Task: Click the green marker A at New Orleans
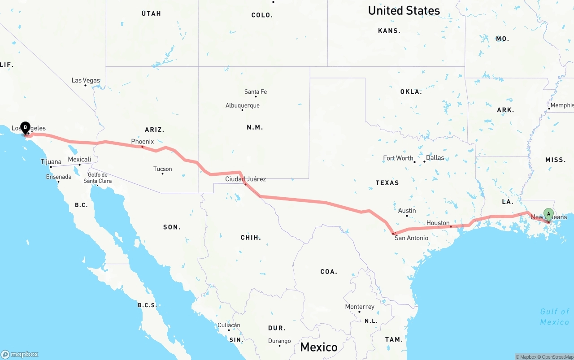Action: (x=548, y=213)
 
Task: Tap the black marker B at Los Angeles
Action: (x=25, y=128)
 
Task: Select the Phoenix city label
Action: (x=143, y=142)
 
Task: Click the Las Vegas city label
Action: (x=86, y=81)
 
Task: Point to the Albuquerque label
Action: (x=242, y=106)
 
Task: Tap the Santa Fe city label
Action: (x=256, y=92)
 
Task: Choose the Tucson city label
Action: (x=162, y=169)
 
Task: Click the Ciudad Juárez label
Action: (x=245, y=179)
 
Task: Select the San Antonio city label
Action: (x=411, y=238)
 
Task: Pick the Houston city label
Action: (x=438, y=223)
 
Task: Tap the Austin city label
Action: (x=407, y=211)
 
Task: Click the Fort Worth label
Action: (x=398, y=158)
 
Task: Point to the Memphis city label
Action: (x=562, y=105)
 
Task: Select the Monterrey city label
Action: (x=360, y=307)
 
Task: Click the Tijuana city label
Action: (x=51, y=162)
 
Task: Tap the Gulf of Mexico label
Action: (x=555, y=317)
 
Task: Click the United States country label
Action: (x=404, y=10)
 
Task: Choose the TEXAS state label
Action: (x=387, y=183)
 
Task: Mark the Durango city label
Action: (x=279, y=341)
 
